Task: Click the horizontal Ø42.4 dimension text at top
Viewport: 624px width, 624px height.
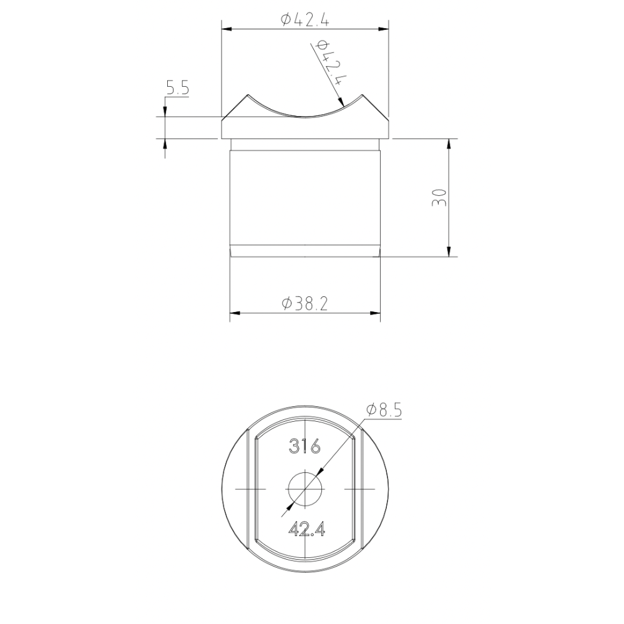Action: pyautogui.click(x=305, y=20)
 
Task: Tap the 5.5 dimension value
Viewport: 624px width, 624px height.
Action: pyautogui.click(x=177, y=89)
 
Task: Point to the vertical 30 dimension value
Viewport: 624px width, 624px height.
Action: pyautogui.click(x=439, y=197)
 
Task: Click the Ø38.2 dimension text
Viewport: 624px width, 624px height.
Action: pyautogui.click(x=305, y=303)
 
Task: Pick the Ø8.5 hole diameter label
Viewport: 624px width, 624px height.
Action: pyautogui.click(x=384, y=410)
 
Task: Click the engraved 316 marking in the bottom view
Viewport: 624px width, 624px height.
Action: pyautogui.click(x=305, y=446)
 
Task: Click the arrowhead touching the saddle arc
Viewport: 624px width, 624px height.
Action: pyautogui.click(x=340, y=103)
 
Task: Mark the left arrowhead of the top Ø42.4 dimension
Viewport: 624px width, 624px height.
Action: pyautogui.click(x=227, y=29)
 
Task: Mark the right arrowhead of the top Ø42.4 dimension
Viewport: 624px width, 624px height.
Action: pyautogui.click(x=384, y=29)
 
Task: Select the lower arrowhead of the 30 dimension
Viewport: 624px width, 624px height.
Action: pyautogui.click(x=449, y=251)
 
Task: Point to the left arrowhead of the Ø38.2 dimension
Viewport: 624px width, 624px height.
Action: pyautogui.click(x=235, y=312)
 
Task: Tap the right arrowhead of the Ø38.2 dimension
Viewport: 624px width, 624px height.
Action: pyautogui.click(x=375, y=312)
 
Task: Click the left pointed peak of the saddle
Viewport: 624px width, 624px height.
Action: pyautogui.click(x=248, y=96)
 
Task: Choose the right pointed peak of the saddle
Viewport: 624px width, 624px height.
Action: pyautogui.click(x=362, y=96)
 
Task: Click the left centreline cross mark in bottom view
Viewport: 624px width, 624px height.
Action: pyautogui.click(x=248, y=488)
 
